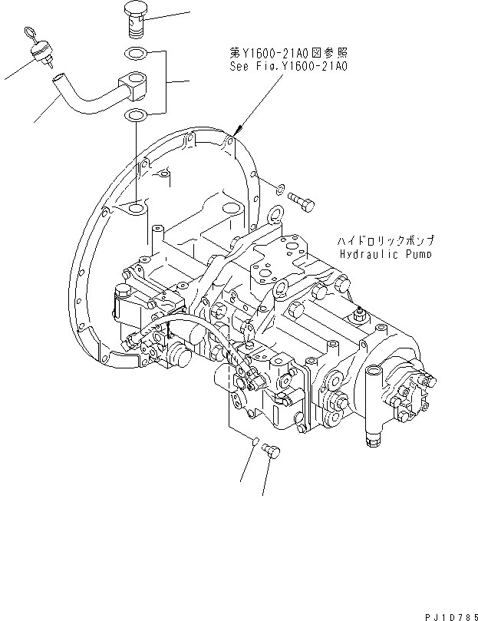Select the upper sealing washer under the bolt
pos(134,54)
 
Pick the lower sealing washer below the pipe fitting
pos(134,116)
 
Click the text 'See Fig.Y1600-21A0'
pos(288,67)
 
